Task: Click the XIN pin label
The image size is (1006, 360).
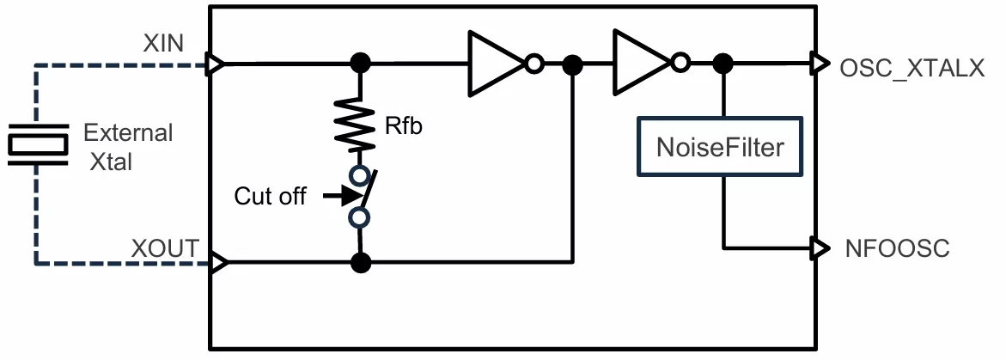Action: click(163, 44)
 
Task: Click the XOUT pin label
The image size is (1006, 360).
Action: click(165, 248)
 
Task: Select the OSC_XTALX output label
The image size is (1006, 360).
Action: click(911, 69)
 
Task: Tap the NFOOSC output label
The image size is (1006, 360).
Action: click(898, 248)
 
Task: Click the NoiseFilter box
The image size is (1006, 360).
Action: click(720, 146)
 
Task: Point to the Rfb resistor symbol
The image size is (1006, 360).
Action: click(360, 125)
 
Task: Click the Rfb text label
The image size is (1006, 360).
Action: click(404, 125)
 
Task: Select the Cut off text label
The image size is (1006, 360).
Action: click(270, 196)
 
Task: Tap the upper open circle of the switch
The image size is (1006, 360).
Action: click(360, 175)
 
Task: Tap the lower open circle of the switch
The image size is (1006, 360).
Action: click(360, 217)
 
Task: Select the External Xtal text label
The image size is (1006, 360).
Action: click(128, 148)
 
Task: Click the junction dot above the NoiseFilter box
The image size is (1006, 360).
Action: click(723, 64)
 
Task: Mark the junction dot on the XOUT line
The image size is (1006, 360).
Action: click(361, 262)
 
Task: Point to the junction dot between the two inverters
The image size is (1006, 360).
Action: click(572, 64)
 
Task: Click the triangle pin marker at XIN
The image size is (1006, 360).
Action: click(216, 64)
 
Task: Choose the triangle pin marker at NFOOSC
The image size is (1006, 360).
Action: click(820, 247)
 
